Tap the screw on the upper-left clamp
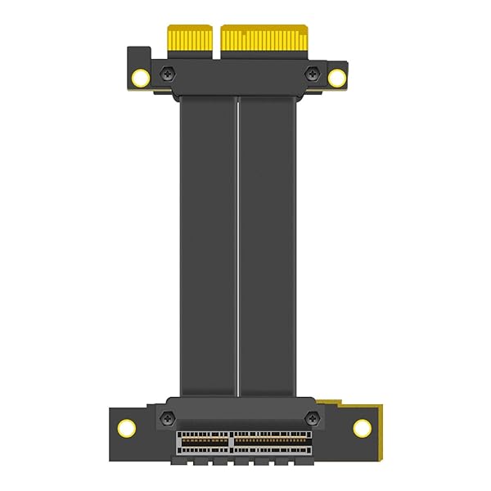[168, 74]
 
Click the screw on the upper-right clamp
[311, 74]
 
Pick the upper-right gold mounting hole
[336, 78]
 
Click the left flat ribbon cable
[208, 245]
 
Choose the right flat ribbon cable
[266, 245]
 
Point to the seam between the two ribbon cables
[237, 245]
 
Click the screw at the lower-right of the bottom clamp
[310, 417]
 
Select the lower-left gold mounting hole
[127, 427]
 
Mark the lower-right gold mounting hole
[362, 427]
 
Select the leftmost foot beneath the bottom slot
[179, 462]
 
